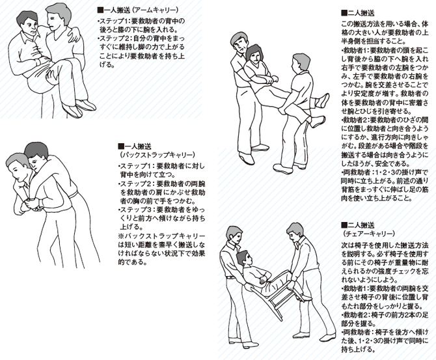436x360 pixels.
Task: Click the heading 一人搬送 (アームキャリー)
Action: point(137,10)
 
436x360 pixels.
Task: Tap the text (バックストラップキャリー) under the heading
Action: point(157,155)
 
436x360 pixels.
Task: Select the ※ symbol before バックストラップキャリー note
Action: point(121,236)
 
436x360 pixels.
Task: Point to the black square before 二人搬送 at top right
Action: point(344,13)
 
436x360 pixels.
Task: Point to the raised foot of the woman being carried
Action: point(323,101)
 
